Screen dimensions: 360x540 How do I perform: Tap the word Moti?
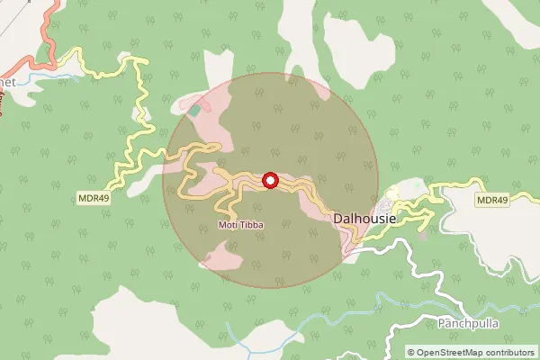tap(228, 223)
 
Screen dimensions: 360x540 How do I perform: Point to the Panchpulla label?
tap(467, 322)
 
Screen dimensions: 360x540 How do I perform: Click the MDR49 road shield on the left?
tap(94, 199)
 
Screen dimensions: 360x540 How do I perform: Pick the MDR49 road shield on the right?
tap(491, 200)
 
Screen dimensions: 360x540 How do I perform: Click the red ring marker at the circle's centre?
tap(270, 181)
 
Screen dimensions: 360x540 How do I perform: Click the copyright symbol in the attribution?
tap(411, 353)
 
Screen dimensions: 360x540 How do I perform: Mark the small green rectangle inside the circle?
tap(195, 110)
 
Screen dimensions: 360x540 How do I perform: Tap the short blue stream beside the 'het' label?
tap(40, 79)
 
